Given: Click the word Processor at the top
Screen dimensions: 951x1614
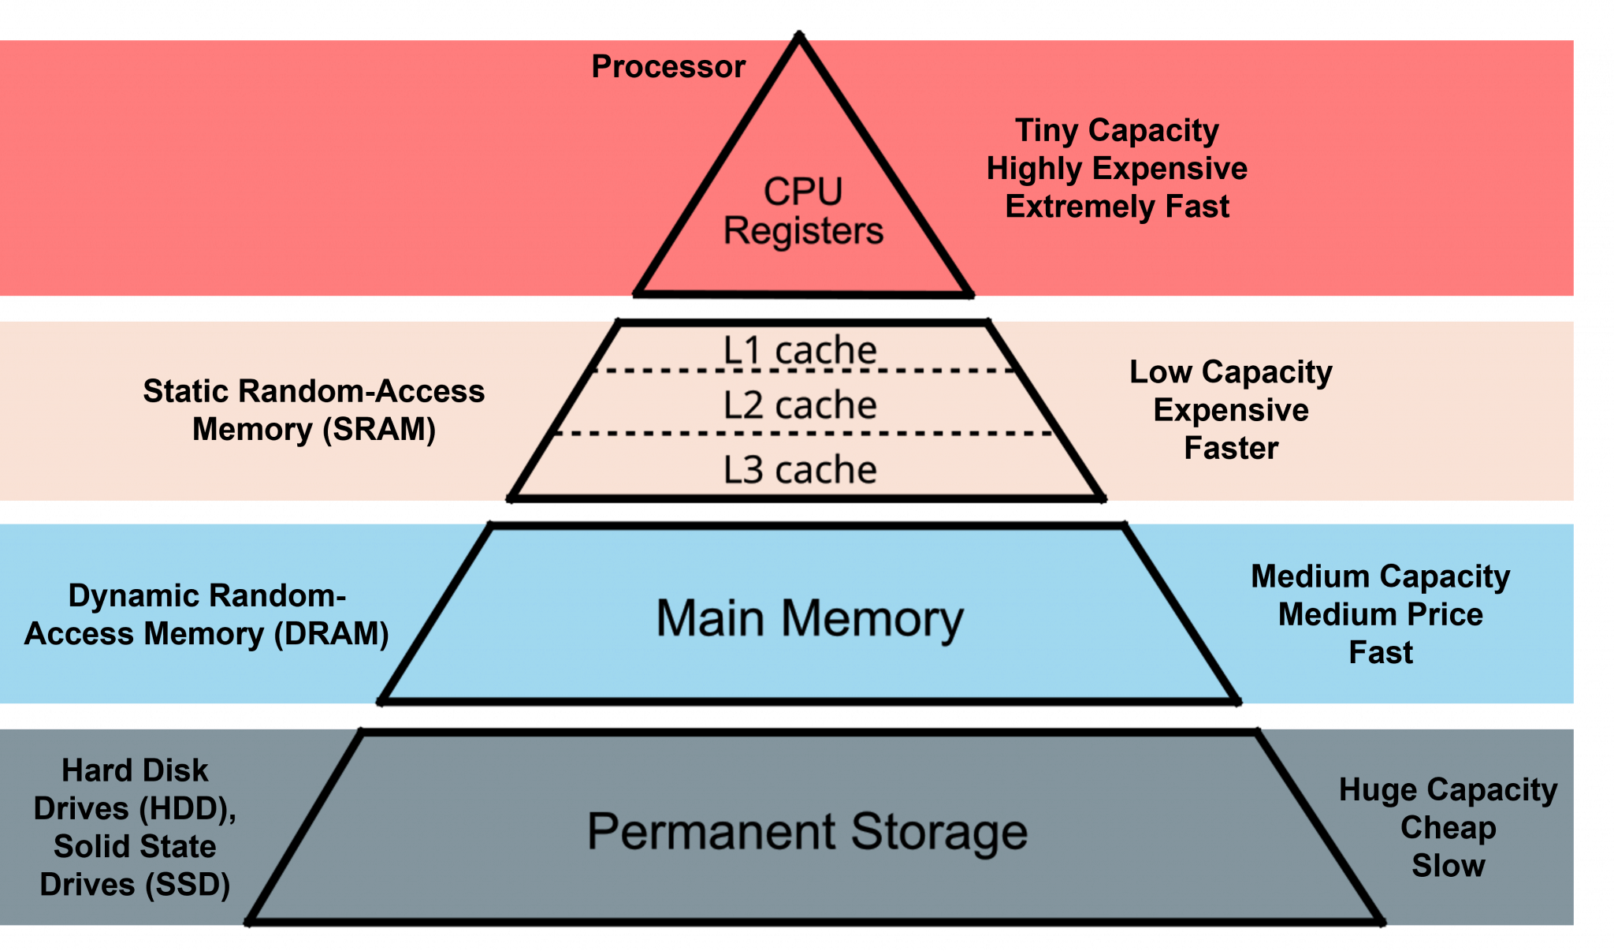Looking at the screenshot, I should point(668,67).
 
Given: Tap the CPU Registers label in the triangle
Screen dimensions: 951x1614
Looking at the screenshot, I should point(803,211).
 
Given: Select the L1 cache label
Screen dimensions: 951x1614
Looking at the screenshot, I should point(800,350).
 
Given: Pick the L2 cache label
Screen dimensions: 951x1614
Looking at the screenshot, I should point(800,405).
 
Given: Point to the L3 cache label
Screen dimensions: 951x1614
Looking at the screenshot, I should point(800,470).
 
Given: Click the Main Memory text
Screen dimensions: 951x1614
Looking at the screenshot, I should point(809,618).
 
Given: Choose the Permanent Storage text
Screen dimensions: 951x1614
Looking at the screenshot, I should point(807,832).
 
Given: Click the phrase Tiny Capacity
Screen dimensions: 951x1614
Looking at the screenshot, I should point(1117,131).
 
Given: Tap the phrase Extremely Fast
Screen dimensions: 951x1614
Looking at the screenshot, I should point(1117,207).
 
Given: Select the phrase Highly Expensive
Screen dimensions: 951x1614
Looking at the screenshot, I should point(1117,169).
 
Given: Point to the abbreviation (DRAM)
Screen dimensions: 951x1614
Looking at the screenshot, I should point(332,634).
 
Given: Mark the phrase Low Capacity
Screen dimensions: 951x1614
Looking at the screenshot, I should point(1230,372).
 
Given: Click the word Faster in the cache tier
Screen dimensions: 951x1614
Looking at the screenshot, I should point(1230,448).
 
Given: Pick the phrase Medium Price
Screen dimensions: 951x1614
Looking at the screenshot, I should point(1380,614).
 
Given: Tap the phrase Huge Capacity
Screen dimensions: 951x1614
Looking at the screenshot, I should point(1448,790).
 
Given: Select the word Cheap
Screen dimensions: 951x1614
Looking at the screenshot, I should point(1448,828).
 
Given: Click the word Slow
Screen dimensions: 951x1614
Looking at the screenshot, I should point(1448,866).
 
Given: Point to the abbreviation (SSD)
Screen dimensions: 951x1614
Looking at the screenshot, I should point(188,885).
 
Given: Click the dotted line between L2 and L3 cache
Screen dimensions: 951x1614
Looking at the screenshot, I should point(804,434).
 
